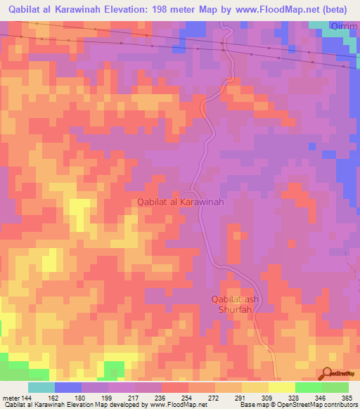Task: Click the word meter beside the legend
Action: (x=11, y=398)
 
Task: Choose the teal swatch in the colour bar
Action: (x=41, y=387)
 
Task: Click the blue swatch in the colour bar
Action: (x=68, y=387)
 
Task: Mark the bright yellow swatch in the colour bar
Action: (x=281, y=387)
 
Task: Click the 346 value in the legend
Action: (x=320, y=398)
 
